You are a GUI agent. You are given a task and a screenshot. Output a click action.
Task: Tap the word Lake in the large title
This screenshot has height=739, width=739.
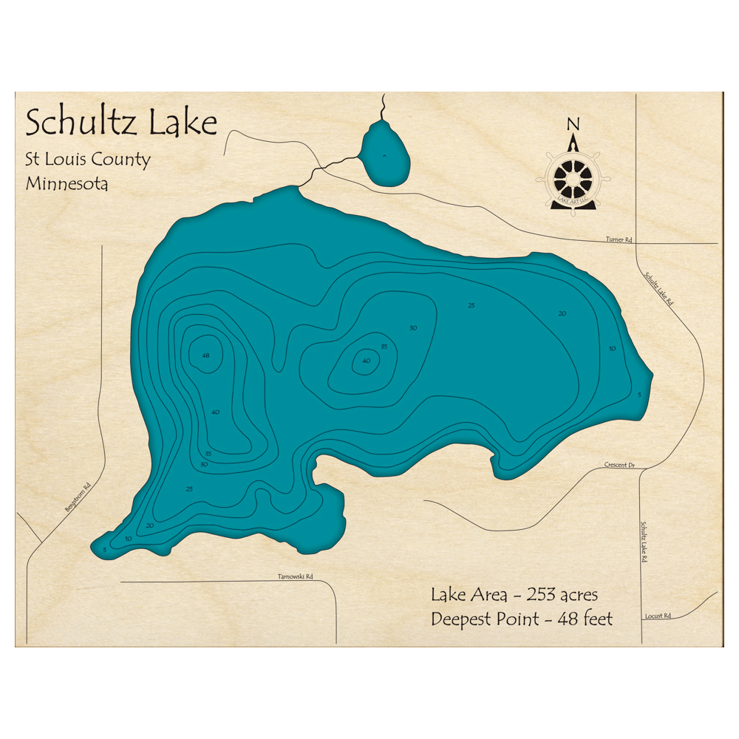pos(184,122)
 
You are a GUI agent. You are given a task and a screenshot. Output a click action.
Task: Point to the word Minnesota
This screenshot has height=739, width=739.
pos(67,183)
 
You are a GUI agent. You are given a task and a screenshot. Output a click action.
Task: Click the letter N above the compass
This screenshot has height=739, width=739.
pos(573,123)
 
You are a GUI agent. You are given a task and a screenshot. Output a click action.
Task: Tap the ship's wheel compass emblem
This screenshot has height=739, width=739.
pos(573,178)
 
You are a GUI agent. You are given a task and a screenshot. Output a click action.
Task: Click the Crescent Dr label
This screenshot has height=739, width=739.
pos(619,465)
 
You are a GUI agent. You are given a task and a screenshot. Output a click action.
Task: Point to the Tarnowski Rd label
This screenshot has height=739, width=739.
pos(295,576)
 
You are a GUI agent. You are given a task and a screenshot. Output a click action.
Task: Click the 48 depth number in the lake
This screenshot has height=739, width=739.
pos(205,355)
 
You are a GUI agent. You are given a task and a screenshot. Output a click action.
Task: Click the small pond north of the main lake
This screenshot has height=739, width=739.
pos(384,155)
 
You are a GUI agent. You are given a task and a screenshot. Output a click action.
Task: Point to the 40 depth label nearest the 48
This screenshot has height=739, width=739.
pos(215,412)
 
